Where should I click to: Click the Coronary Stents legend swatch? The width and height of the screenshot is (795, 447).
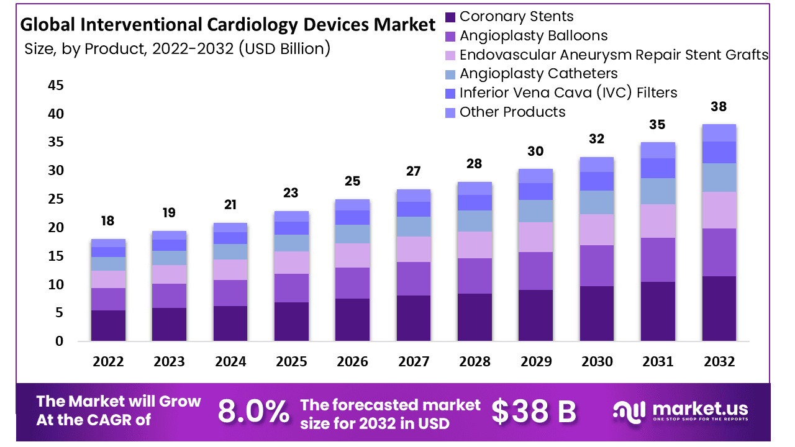(450, 17)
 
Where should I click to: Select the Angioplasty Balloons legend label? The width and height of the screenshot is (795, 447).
(534, 36)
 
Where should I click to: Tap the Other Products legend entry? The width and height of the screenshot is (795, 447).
(512, 112)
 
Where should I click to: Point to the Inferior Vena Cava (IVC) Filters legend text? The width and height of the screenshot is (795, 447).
(568, 93)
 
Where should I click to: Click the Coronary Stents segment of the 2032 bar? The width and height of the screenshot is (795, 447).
(719, 309)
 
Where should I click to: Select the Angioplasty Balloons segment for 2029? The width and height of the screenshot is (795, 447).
(535, 271)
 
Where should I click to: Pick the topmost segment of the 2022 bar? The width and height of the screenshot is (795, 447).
(108, 243)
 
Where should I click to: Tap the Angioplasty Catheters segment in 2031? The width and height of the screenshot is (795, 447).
(658, 191)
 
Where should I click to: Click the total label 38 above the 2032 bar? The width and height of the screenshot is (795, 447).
(719, 106)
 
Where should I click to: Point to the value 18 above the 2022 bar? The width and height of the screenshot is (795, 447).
(108, 221)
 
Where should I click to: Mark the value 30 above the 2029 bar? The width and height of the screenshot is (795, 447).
(535, 151)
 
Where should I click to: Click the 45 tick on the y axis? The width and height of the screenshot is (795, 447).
(55, 85)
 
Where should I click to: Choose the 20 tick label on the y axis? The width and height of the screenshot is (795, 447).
(55, 228)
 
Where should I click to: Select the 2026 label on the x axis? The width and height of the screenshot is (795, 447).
(352, 361)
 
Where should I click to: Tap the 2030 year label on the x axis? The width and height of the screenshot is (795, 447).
(597, 361)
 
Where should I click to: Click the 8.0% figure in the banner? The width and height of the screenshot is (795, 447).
(253, 412)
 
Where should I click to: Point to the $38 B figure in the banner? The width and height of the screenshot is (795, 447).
(534, 412)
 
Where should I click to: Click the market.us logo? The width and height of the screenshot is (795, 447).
(681, 410)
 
